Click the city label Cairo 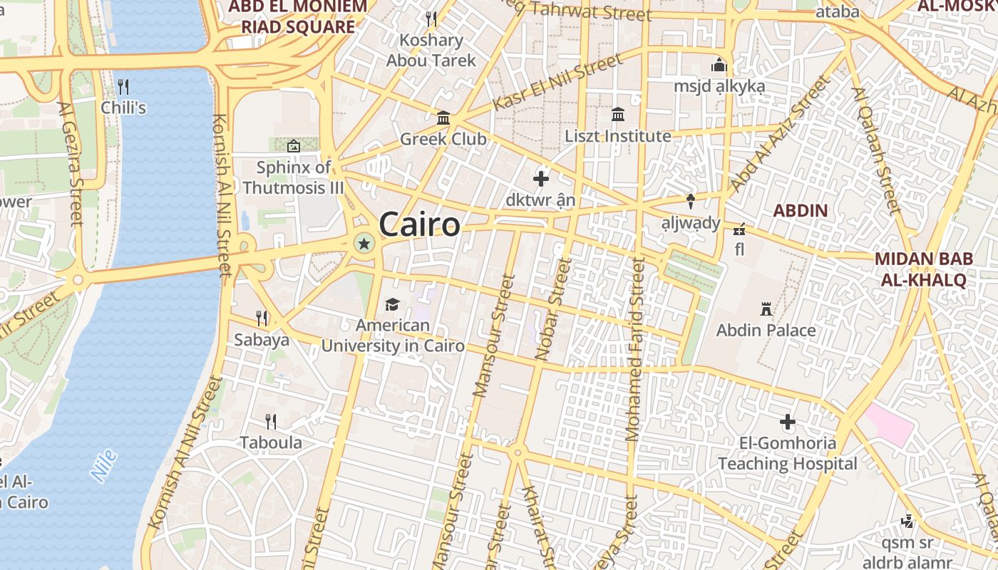click(x=420, y=225)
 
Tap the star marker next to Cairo click(x=364, y=244)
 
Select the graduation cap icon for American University click(x=392, y=305)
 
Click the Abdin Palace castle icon click(x=766, y=309)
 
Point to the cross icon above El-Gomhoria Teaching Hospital click(x=788, y=422)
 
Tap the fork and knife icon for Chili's click(x=123, y=87)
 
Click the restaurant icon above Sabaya click(x=262, y=318)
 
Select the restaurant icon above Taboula click(x=270, y=422)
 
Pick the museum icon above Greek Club click(x=443, y=118)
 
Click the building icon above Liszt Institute click(x=618, y=115)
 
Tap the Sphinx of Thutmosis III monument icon click(x=293, y=146)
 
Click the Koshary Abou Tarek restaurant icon click(x=431, y=19)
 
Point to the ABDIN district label click(x=801, y=211)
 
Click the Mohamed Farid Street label click(x=634, y=349)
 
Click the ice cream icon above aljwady click(x=690, y=202)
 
